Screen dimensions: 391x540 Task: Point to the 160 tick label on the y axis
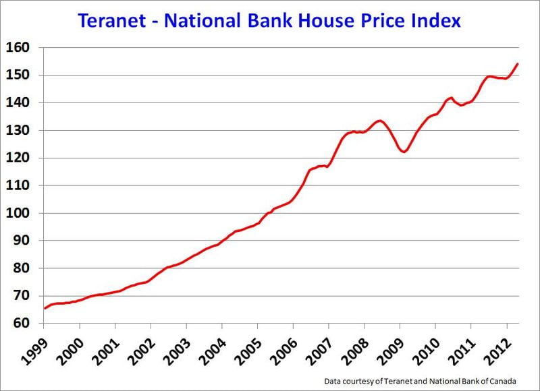point(18,48)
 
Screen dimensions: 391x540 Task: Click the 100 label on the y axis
point(18,213)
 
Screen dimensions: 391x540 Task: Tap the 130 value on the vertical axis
point(18,130)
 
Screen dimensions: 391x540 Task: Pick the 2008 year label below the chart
point(354,349)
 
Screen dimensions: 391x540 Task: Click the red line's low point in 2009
point(404,152)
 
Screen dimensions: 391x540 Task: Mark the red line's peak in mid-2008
point(380,121)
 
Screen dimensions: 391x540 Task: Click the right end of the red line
point(517,63)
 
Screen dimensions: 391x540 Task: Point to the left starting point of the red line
point(45,308)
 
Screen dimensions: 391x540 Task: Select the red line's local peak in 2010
point(451,98)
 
